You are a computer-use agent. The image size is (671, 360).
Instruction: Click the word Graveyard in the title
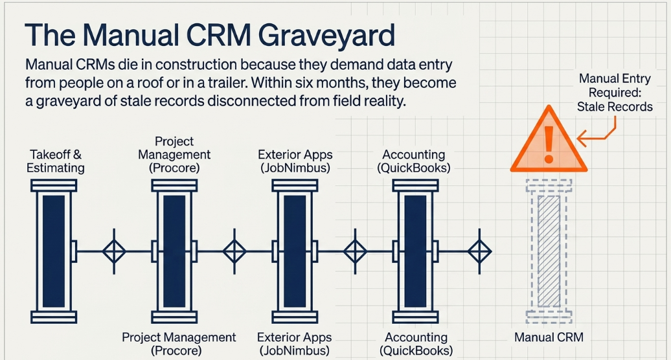(x=327, y=36)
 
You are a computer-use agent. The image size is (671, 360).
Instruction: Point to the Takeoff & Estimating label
(x=56, y=161)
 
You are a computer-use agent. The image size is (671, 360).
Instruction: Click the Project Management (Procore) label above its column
(x=174, y=154)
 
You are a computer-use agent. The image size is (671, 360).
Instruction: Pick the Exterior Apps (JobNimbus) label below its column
(x=295, y=344)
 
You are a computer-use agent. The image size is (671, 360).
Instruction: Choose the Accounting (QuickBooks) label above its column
(x=414, y=161)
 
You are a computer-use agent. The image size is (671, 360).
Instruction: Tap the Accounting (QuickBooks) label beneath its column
(x=416, y=344)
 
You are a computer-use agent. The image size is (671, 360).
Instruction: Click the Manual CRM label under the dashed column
(x=549, y=337)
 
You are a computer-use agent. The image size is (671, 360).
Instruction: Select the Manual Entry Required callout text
(x=615, y=93)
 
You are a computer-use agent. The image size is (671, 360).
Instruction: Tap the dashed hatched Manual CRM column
(x=549, y=251)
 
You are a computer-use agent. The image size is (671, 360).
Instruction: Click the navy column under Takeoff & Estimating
(x=54, y=251)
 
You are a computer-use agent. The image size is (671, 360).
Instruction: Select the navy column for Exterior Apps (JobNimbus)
(x=295, y=251)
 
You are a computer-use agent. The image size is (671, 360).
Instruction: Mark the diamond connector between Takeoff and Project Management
(x=114, y=251)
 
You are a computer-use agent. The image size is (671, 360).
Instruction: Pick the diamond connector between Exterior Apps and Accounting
(x=355, y=251)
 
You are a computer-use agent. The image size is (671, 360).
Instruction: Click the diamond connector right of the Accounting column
(x=479, y=251)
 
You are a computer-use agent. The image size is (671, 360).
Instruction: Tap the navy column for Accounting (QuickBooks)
(x=416, y=251)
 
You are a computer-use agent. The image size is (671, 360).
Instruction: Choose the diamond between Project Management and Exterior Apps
(x=234, y=251)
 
